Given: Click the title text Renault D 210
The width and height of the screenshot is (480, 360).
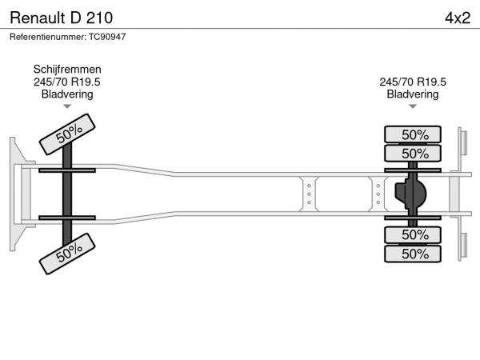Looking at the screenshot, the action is (x=62, y=18).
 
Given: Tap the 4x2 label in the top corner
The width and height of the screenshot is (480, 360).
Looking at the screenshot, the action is (x=458, y=18).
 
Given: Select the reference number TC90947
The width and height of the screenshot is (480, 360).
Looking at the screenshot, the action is (x=107, y=37).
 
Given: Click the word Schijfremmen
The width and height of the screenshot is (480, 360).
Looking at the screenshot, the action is (x=67, y=70).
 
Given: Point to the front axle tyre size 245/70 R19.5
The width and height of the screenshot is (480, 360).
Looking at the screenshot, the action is (x=67, y=82).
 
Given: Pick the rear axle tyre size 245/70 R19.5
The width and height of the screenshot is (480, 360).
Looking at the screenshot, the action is (x=413, y=82).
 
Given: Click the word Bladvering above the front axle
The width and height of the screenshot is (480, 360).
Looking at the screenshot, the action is (x=67, y=94).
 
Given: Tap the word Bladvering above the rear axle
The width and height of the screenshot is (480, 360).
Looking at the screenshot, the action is (x=413, y=94).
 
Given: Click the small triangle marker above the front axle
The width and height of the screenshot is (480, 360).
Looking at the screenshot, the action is (x=67, y=106).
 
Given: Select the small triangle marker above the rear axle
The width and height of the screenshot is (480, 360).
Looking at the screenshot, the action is (x=413, y=106).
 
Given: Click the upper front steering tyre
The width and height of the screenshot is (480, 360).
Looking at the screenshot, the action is (x=67, y=134).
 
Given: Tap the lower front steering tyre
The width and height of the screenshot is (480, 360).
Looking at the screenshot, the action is (x=67, y=254).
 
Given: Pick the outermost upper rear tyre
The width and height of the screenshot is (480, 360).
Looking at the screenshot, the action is (x=413, y=134).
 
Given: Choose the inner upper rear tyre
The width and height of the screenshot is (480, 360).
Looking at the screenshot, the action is (x=413, y=153).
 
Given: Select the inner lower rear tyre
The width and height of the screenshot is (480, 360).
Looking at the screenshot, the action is (x=413, y=234).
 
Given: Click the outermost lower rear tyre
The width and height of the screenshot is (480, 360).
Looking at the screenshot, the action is (x=413, y=254).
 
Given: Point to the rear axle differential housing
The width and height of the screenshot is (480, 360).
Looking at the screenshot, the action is (x=410, y=194).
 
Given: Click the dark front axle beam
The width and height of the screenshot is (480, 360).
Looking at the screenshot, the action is (x=67, y=194).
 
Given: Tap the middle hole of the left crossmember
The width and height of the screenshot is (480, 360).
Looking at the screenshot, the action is (x=309, y=194).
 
